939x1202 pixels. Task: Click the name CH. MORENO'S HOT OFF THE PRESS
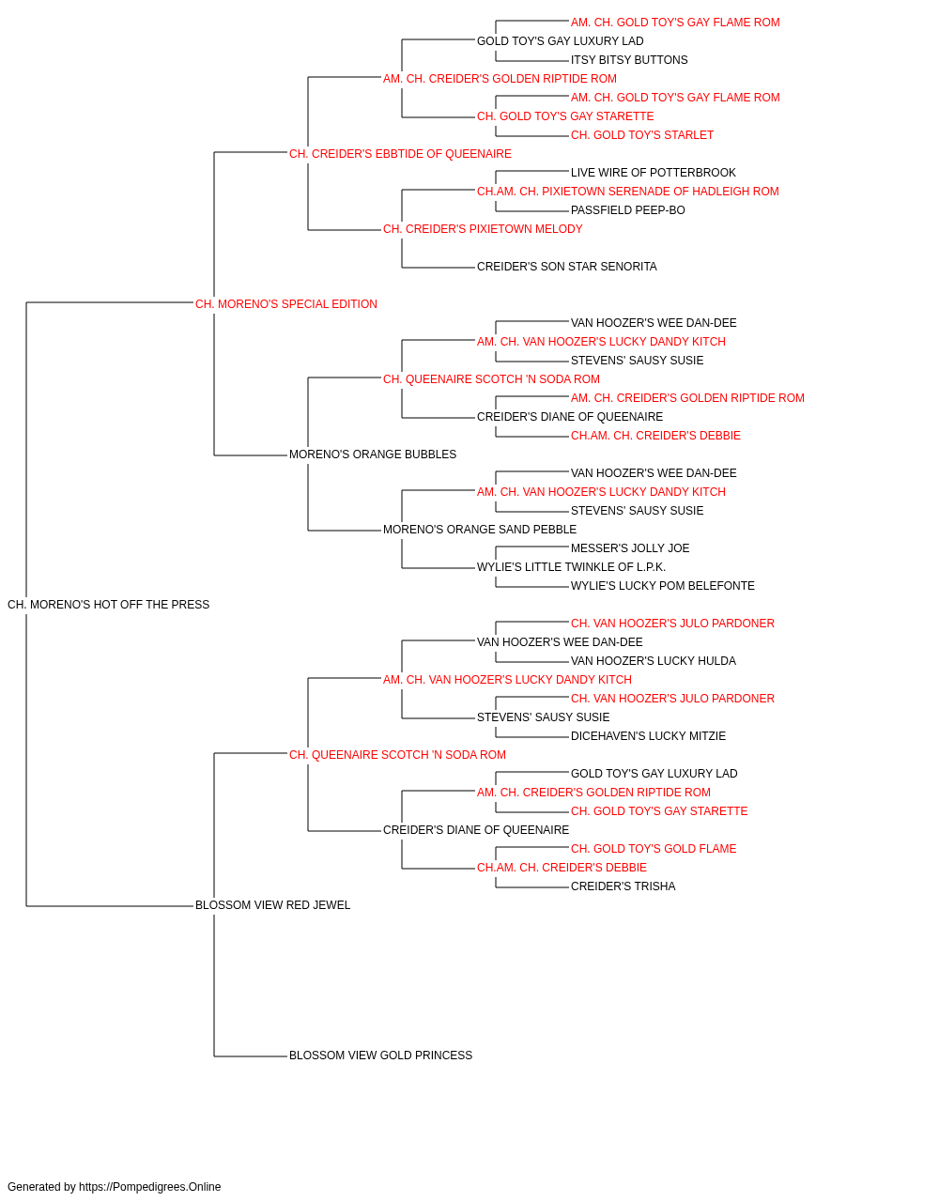pos(108,605)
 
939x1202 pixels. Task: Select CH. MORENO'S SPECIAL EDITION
pos(285,304)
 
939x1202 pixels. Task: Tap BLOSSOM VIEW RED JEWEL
pos(272,905)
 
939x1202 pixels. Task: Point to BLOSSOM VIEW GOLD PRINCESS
pos(380,1056)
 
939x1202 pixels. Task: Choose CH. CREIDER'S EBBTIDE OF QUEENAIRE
pos(400,154)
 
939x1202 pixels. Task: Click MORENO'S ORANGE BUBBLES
pos(373,455)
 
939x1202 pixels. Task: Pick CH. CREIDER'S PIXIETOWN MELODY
pos(483,229)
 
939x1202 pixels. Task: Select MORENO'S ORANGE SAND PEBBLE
pos(480,530)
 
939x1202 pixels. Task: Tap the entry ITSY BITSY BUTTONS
pos(629,60)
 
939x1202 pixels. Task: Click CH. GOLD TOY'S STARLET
pos(642,135)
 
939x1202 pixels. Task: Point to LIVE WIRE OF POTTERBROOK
pos(654,173)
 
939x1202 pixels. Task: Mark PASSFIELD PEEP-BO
pos(627,210)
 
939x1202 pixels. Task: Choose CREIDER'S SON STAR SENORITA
pos(567,267)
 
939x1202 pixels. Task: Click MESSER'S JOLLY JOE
pos(630,548)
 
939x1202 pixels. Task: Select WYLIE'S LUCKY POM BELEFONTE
pos(663,586)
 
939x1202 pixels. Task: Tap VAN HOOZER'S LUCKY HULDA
pos(654,661)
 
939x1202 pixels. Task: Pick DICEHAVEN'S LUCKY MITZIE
pos(648,736)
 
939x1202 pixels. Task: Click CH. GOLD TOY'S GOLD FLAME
pos(654,849)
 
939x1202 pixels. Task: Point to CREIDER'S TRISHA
pos(623,886)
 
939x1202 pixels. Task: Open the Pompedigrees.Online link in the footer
pos(149,1187)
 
